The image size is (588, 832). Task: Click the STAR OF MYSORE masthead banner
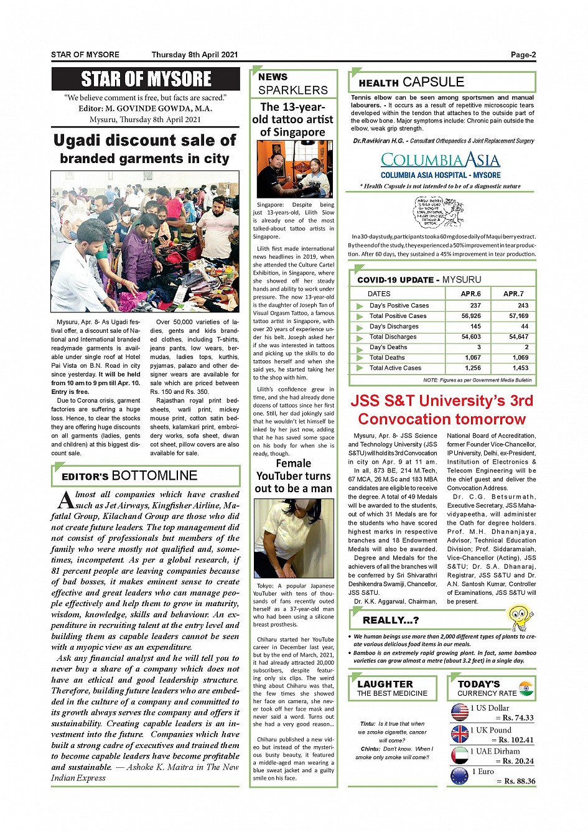146,79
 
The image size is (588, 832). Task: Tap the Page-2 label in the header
523,55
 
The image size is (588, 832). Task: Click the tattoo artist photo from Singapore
294,170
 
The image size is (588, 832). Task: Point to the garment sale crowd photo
145,241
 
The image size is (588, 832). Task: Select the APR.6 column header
470,293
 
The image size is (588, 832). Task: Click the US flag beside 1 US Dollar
460,712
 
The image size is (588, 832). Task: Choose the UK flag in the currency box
460,734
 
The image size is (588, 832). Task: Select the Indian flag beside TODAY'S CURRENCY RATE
526,688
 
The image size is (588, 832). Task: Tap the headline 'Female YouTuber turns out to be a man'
293,476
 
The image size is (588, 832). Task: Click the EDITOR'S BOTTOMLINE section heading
129,476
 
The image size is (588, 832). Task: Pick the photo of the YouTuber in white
294,539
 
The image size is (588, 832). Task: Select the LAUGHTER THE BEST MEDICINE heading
392,688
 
